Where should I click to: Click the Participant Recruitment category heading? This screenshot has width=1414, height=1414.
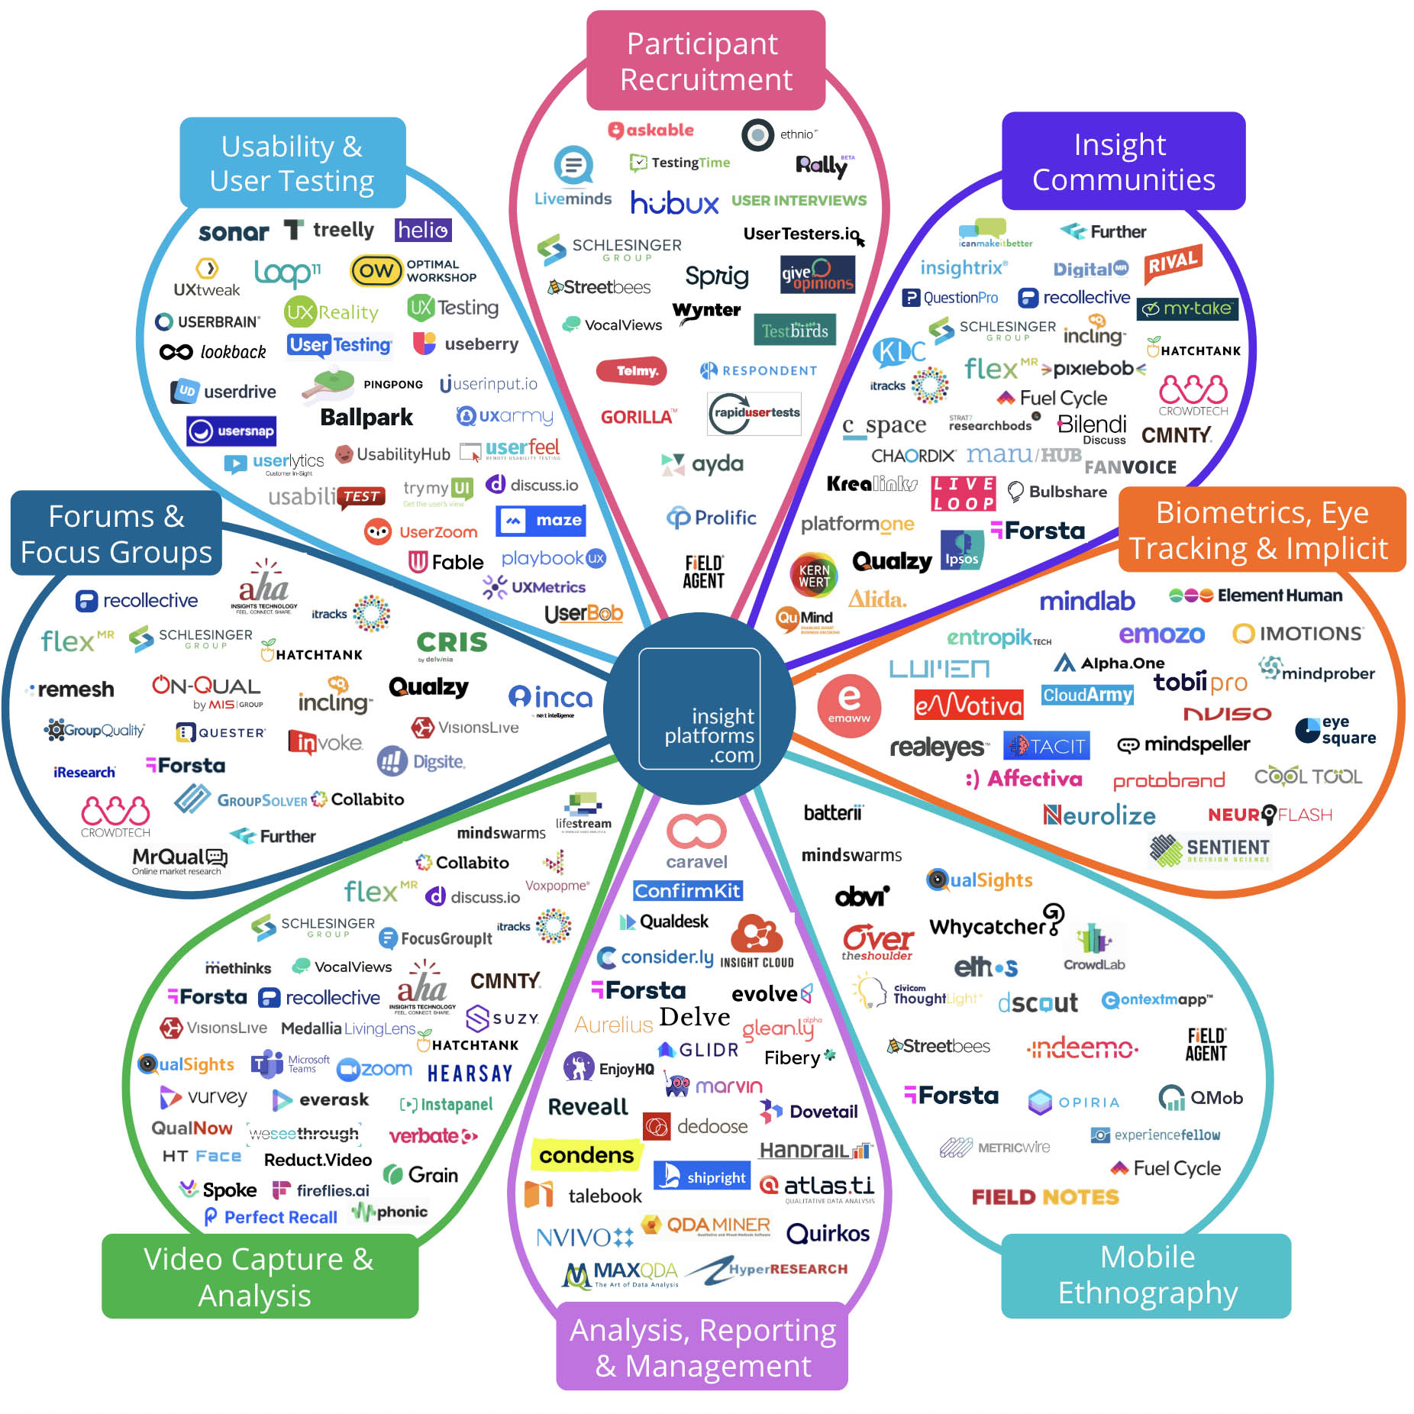click(705, 61)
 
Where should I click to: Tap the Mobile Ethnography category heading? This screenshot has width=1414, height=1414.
click(1146, 1275)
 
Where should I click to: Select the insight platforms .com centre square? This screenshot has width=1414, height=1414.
click(699, 709)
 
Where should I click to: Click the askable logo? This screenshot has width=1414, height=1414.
click(651, 131)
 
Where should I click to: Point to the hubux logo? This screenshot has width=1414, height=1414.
click(674, 203)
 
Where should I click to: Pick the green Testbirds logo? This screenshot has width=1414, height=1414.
click(795, 330)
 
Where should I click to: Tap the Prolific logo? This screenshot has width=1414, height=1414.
click(712, 518)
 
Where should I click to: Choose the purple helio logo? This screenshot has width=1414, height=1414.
click(423, 230)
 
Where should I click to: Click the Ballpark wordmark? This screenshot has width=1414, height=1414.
click(366, 418)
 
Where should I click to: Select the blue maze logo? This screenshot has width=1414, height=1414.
click(541, 521)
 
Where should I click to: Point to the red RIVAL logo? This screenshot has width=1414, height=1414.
click(1173, 263)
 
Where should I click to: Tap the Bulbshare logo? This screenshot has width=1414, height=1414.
click(1057, 492)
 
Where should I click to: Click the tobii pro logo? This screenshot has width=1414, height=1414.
click(1199, 682)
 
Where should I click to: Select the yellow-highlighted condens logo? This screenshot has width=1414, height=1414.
click(586, 1156)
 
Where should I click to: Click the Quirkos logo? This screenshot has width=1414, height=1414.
click(828, 1233)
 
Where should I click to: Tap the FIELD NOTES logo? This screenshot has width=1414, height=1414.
click(1044, 1196)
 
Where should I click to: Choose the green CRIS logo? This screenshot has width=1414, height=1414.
click(451, 643)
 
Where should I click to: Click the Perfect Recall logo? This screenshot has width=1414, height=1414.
click(271, 1217)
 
